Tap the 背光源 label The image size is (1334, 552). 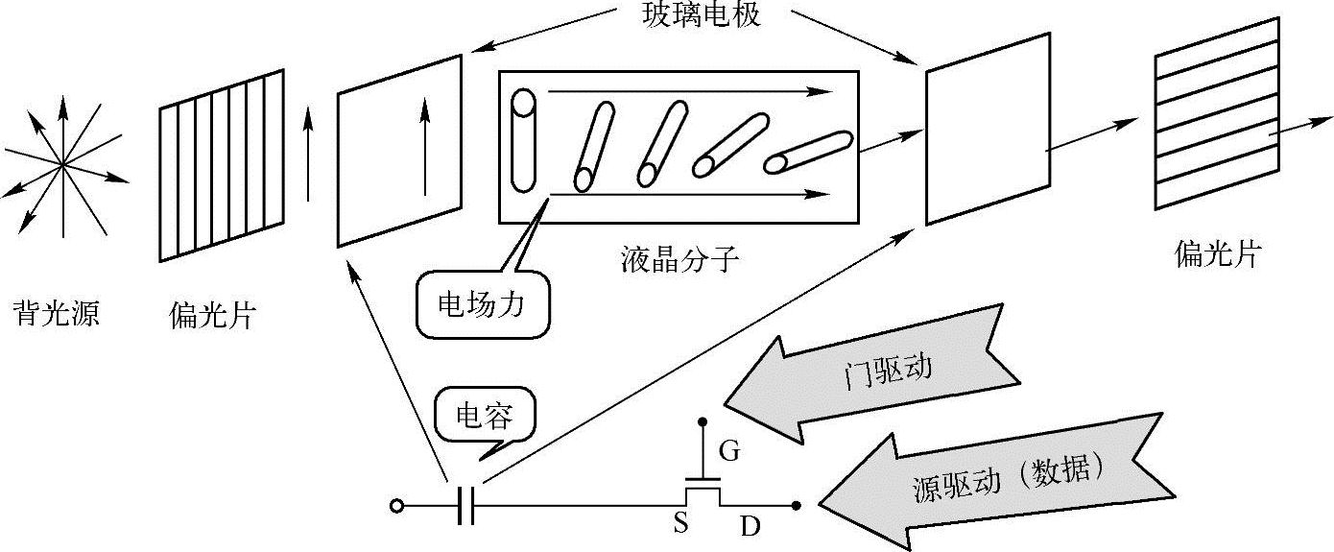pos(56,314)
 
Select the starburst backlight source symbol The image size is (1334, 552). pos(63,165)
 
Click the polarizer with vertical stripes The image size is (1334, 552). pos(222,165)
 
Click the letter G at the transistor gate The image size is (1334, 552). pos(729,451)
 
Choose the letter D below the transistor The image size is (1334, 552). pos(750,525)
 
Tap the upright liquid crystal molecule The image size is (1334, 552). pos(524,140)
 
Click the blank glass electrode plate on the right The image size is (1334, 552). pos(986,130)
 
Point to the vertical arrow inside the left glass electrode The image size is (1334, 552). pos(423,149)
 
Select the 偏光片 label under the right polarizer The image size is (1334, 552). pos(1217,254)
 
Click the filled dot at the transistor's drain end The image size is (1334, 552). pos(796,504)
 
